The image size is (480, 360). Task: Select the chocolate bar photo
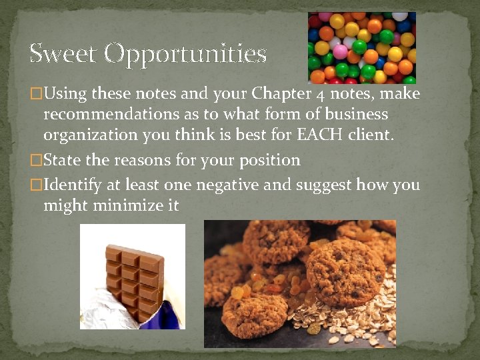133,276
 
